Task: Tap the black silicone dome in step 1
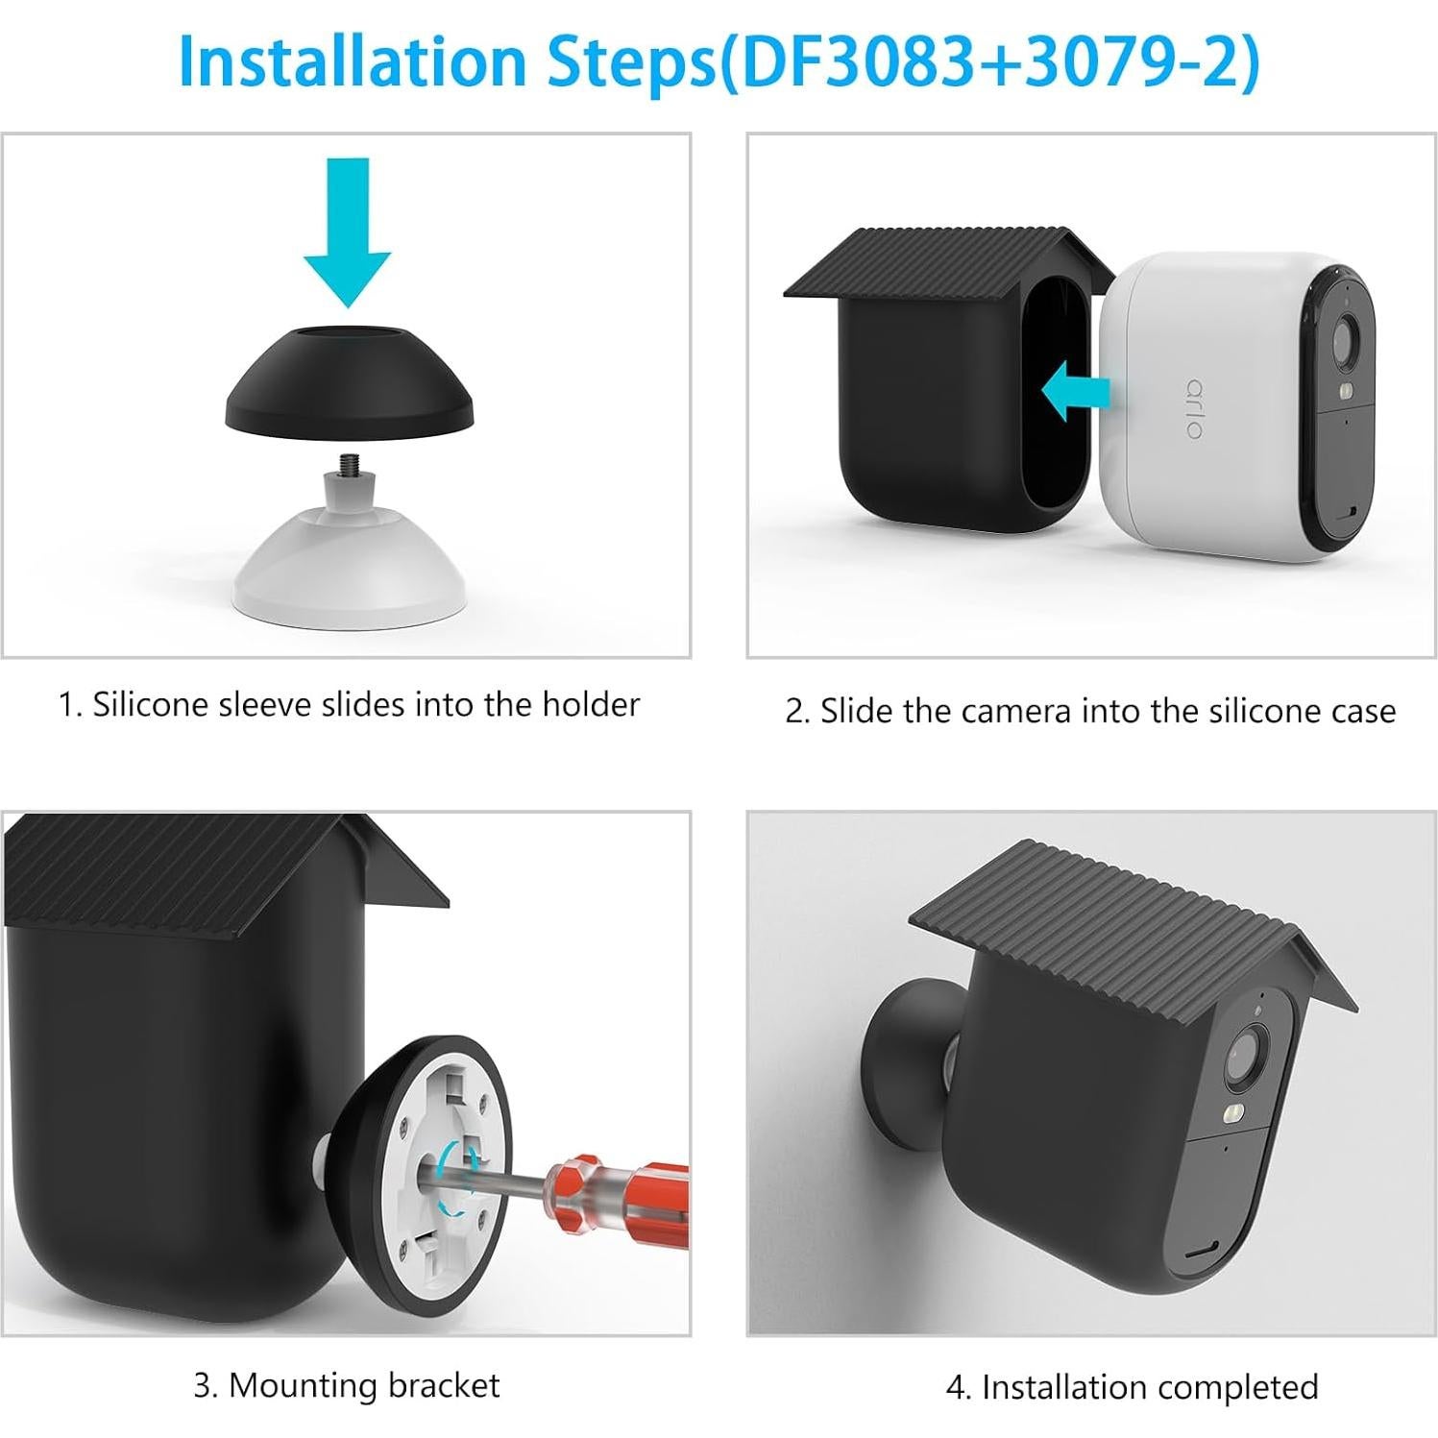point(349,384)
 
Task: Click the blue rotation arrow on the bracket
point(454,1170)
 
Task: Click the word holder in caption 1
point(590,705)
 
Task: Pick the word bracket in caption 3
point(445,1385)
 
